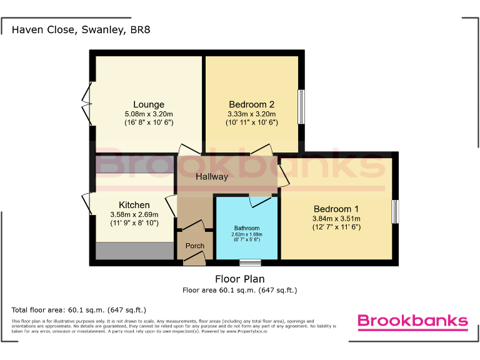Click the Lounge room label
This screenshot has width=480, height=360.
coord(149,104)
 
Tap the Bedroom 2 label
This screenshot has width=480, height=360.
coord(251,104)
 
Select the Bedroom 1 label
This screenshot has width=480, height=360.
coord(336,209)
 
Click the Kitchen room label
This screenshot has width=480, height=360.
coord(134,205)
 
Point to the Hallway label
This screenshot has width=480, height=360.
coord(212,177)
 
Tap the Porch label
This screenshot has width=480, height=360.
coord(195,246)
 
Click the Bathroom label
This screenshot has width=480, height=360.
coord(247,228)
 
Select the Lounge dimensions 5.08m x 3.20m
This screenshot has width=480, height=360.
coord(149,114)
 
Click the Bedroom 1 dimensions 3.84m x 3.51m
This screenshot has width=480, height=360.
coord(336,219)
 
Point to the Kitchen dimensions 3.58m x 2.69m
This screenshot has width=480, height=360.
coord(134,214)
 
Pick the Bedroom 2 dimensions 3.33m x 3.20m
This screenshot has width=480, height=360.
coord(251,114)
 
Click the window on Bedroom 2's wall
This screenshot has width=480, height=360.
coord(301,106)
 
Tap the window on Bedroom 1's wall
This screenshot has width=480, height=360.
coord(395,211)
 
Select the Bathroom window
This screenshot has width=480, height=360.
coord(251,262)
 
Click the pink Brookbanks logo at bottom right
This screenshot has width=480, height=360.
coord(412,321)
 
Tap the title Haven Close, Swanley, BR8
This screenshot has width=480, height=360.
coord(81,29)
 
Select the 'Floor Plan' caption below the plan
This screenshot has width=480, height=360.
coord(239,279)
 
